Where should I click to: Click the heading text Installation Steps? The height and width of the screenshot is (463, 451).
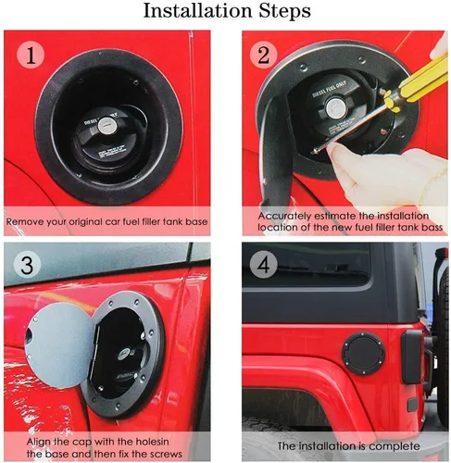(x=225, y=13)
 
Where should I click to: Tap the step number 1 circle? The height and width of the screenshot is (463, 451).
(x=33, y=56)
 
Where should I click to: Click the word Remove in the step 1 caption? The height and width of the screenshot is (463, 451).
(x=28, y=223)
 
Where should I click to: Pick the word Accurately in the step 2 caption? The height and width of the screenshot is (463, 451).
(x=283, y=214)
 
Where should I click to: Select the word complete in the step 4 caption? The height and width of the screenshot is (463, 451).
(x=390, y=446)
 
